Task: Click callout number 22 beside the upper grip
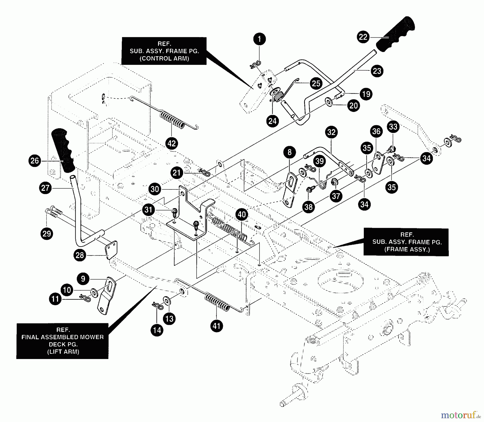[363, 37]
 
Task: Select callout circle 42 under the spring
[172, 143]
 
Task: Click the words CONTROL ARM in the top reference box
[164, 58]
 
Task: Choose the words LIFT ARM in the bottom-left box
[63, 351]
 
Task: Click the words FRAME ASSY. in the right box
[407, 249]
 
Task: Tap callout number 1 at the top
[259, 39]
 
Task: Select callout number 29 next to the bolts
[47, 233]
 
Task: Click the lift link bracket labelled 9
[108, 296]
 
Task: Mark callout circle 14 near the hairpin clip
[157, 330]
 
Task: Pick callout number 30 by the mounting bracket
[155, 189]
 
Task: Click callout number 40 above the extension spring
[242, 214]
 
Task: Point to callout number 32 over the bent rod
[331, 132]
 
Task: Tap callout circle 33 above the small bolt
[393, 126]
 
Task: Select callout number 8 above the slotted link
[289, 152]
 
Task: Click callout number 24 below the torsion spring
[272, 121]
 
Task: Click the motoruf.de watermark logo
[461, 415]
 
